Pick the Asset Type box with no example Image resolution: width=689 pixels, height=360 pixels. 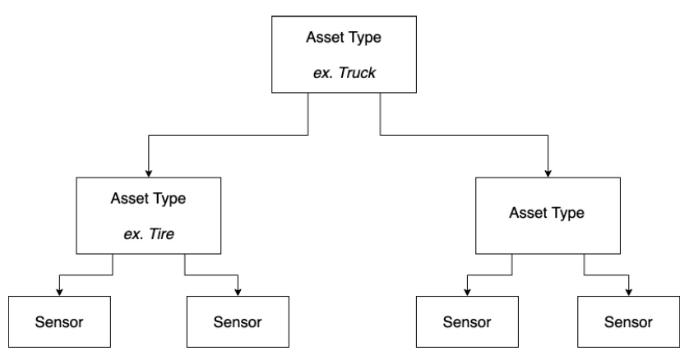(x=546, y=215)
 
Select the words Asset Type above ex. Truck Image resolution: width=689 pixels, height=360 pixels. (x=344, y=37)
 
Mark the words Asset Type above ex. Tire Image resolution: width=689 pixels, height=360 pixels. (x=148, y=200)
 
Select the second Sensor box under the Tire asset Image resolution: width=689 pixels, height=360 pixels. (x=238, y=320)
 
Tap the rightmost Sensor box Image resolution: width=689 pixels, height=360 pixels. (x=629, y=320)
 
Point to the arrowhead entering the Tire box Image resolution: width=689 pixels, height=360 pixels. (x=148, y=173)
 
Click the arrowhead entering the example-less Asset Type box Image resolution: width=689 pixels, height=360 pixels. (x=546, y=173)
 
